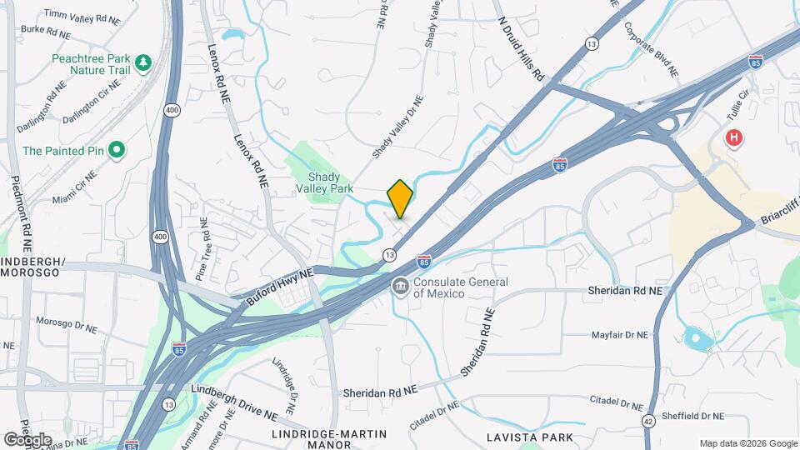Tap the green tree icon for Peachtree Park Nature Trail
pos(142,62)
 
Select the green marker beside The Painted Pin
pos(117,151)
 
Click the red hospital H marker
pos(733,137)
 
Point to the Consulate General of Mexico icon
pos(400,287)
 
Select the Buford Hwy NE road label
pos(280,285)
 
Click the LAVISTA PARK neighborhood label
pos(530,437)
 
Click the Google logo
pos(27,439)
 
